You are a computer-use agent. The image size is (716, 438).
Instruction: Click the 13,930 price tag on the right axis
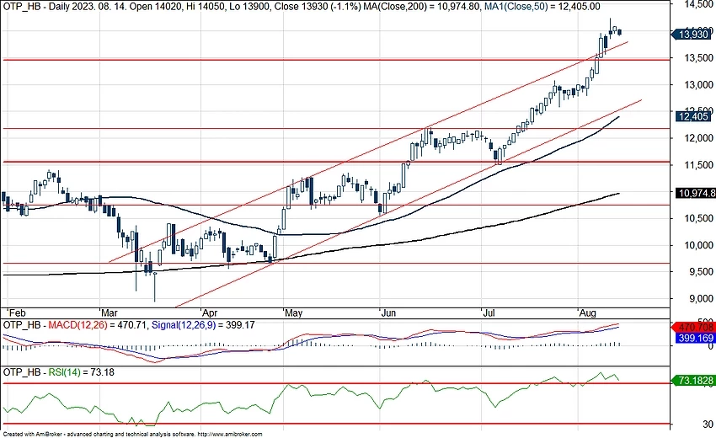tap(693, 35)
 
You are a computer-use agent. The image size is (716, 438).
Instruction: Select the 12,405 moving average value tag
tap(693, 117)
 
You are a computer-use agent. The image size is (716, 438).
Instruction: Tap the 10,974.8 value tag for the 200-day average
tap(696, 193)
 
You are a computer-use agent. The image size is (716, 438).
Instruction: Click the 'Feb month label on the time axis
tap(14, 311)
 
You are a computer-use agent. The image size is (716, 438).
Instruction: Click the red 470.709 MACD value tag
tap(693, 327)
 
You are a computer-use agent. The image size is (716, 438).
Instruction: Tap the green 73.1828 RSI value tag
tap(693, 382)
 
